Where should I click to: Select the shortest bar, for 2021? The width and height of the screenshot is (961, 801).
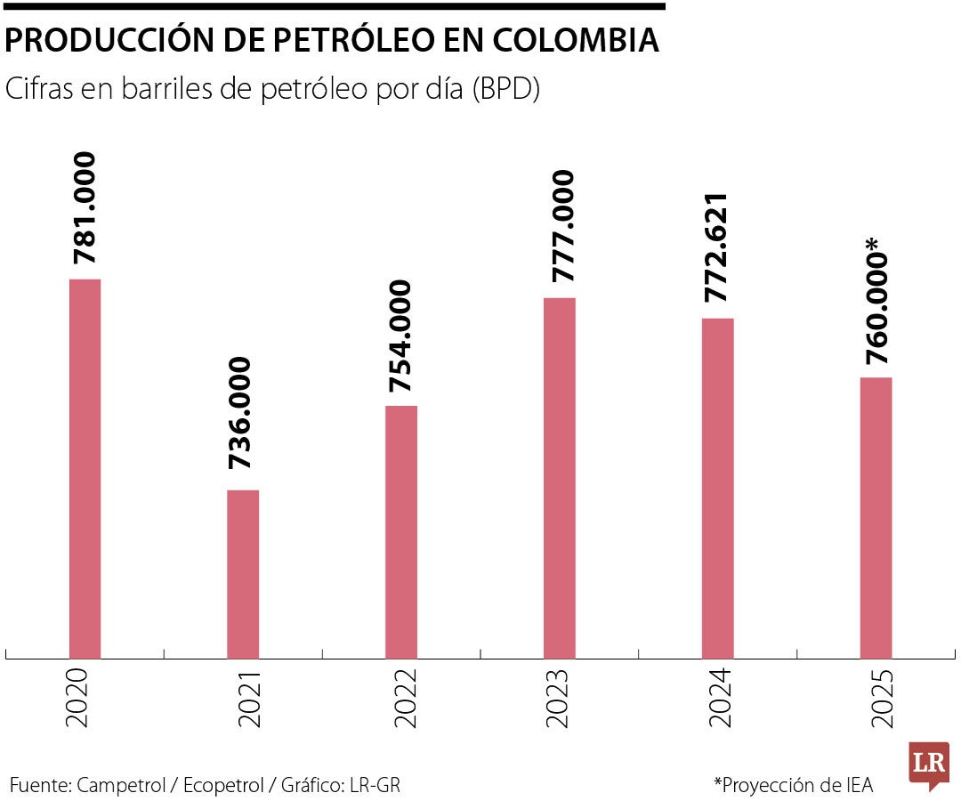(243, 574)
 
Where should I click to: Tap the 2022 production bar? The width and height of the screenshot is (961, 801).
(401, 532)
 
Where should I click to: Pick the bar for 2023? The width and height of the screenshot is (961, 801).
(560, 478)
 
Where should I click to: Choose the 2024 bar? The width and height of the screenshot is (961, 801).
(718, 489)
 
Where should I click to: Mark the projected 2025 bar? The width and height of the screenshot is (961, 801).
(876, 518)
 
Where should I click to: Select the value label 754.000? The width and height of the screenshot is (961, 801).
(401, 336)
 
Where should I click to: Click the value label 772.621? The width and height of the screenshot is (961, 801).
(718, 247)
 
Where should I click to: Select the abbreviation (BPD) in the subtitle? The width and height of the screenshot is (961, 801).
(505, 90)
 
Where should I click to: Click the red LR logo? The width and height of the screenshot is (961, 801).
(928, 764)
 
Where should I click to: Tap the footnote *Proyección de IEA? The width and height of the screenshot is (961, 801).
(794, 785)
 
